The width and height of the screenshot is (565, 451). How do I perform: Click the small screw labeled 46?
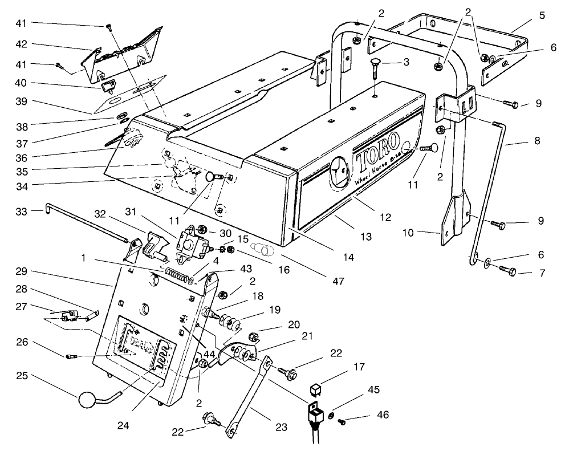click(x=343, y=422)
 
